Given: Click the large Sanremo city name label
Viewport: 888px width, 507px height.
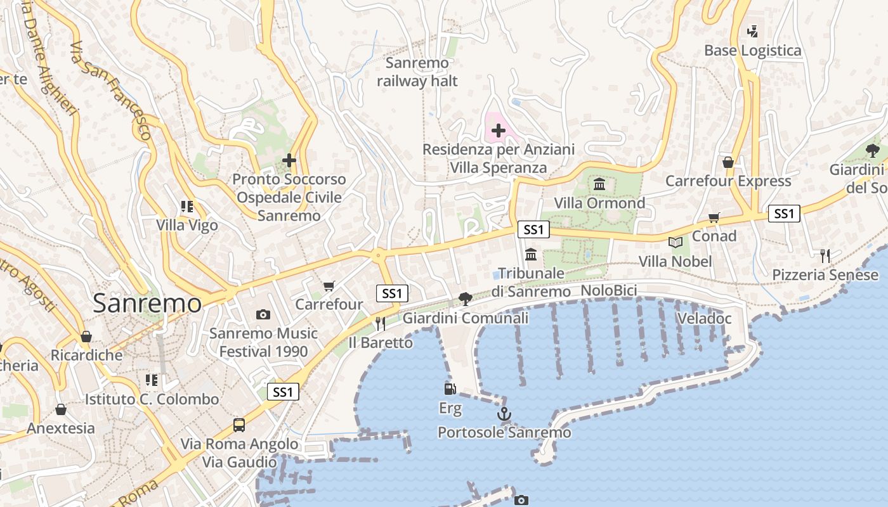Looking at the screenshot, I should pyautogui.click(x=147, y=304).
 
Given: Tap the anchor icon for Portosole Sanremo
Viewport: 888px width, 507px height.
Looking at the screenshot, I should pyautogui.click(x=504, y=414).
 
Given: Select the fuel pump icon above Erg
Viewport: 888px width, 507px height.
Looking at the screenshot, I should pyautogui.click(x=450, y=389).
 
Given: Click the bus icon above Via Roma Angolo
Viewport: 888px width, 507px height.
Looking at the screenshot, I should pyautogui.click(x=239, y=425).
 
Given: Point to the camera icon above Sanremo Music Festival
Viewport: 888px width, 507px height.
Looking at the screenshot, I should pyautogui.click(x=263, y=314).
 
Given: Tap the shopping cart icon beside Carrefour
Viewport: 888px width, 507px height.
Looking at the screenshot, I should pyautogui.click(x=329, y=286).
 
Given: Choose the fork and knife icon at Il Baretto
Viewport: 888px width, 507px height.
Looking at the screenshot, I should pyautogui.click(x=381, y=324).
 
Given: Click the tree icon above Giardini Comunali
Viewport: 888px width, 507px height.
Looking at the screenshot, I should pyautogui.click(x=465, y=299).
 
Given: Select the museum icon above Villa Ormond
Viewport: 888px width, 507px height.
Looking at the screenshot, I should pyautogui.click(x=599, y=184).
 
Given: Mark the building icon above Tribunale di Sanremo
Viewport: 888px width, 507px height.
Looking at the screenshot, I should pyautogui.click(x=531, y=254).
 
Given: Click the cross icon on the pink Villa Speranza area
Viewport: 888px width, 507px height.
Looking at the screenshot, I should pyautogui.click(x=499, y=131).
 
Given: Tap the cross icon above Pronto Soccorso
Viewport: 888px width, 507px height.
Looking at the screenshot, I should pyautogui.click(x=289, y=160).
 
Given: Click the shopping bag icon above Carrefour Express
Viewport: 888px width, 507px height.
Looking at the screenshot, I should pyautogui.click(x=728, y=163).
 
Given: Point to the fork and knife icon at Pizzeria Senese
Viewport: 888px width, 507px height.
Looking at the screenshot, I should pyautogui.click(x=825, y=256).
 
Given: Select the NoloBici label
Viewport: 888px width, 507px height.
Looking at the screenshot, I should pyautogui.click(x=609, y=291).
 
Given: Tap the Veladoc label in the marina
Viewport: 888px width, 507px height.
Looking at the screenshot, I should pyautogui.click(x=704, y=318).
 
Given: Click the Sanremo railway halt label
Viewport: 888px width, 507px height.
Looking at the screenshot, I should pyautogui.click(x=417, y=72).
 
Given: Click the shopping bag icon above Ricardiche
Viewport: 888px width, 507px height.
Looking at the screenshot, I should pyautogui.click(x=86, y=337).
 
